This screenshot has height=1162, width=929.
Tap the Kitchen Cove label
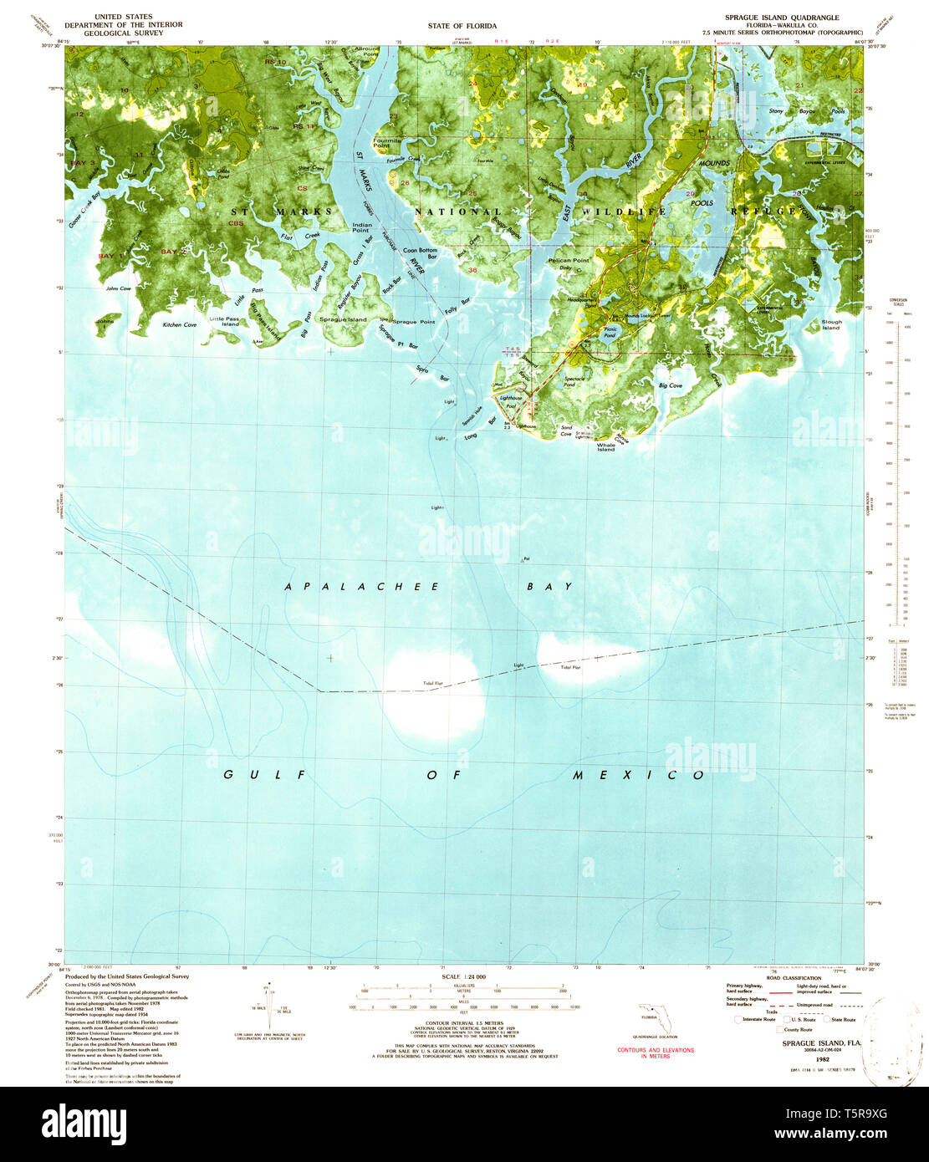[x=180, y=324]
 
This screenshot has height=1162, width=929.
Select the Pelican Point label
[x=569, y=261]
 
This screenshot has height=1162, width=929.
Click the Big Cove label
[x=670, y=385]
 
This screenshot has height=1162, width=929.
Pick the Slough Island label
[x=831, y=324]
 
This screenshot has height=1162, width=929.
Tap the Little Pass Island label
[x=224, y=321]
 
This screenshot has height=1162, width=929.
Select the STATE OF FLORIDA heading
[x=462, y=26]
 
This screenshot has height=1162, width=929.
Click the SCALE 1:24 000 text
[x=462, y=976]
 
